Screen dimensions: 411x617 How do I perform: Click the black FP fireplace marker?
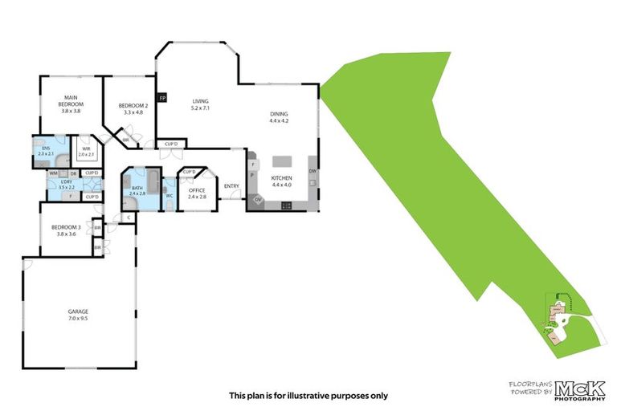162,98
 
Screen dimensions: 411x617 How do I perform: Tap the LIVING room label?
200,102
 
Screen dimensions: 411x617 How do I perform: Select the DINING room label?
279,115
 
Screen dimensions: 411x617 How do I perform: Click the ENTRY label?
231,186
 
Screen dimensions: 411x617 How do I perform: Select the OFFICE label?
198,190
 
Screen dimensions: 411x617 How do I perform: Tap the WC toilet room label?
170,195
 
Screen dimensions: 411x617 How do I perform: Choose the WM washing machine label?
53,173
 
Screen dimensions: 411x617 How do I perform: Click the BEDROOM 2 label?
133,106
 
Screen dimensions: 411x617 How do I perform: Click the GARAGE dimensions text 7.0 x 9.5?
78,318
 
